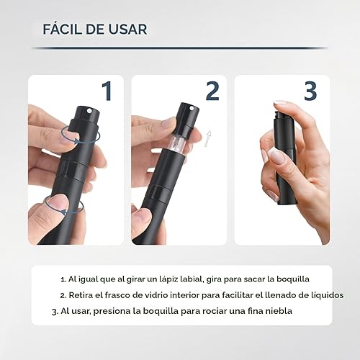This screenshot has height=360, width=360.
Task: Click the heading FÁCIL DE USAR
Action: (94, 30)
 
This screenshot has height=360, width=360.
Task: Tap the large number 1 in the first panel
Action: (107, 91)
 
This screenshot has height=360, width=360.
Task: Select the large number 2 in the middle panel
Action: (212, 91)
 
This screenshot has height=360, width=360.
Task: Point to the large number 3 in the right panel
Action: (310, 91)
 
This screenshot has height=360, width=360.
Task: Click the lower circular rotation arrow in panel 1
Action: (65, 204)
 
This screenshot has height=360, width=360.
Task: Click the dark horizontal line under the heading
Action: (180, 48)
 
